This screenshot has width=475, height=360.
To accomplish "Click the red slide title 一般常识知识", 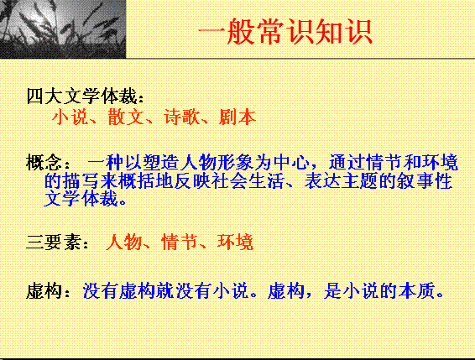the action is [285, 32].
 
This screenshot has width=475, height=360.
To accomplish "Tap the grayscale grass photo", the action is [63, 29].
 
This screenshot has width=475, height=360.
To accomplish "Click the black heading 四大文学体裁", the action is [82, 96].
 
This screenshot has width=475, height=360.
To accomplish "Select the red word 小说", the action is [70, 117].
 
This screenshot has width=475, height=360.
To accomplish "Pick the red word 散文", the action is [126, 117].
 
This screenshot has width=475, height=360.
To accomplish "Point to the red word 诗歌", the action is [182, 117].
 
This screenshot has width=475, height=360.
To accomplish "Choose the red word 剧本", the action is [237, 117].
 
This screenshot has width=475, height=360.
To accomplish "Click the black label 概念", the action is [44, 163].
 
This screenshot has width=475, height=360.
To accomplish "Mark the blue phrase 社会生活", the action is [248, 181].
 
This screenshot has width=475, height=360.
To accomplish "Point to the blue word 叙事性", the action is [425, 181].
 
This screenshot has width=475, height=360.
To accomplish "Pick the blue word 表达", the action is [322, 181].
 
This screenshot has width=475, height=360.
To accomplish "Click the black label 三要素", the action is [54, 243].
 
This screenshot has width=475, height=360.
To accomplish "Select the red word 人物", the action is [124, 243].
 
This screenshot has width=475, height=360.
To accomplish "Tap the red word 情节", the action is [180, 243].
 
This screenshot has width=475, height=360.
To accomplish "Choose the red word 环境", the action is [235, 243].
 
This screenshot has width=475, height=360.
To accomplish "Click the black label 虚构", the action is [44, 291].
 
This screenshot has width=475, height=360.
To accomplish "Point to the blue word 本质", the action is [417, 291].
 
